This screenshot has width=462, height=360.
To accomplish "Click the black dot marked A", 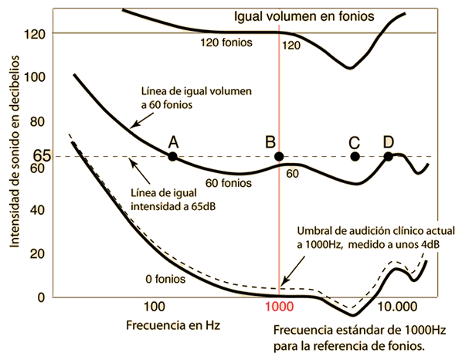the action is click(x=172, y=156).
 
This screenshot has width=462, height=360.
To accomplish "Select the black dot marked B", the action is click(x=279, y=156).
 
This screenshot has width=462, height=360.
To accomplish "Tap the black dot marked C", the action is click(x=355, y=156).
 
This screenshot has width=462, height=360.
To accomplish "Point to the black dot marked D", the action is click(x=389, y=156).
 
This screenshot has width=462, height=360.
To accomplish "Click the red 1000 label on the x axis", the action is click(x=279, y=307).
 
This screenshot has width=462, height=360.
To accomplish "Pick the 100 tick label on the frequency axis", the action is click(x=154, y=307).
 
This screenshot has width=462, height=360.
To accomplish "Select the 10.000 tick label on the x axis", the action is click(x=397, y=307).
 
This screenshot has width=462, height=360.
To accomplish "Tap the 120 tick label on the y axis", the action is click(x=35, y=34).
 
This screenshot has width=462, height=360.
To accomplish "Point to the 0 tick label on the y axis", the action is click(x=41, y=297).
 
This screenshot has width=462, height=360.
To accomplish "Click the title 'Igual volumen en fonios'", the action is click(x=304, y=16).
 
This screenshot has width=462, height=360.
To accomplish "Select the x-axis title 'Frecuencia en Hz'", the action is click(x=173, y=325).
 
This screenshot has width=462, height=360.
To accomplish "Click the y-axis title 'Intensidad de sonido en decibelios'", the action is click(x=15, y=151).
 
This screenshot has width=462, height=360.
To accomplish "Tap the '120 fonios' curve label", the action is click(x=226, y=42).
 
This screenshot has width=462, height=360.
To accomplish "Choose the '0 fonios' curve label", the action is click(x=165, y=279).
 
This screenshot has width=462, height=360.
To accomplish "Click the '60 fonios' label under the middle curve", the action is click(x=229, y=183).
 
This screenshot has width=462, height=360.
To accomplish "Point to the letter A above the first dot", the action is click(x=174, y=142).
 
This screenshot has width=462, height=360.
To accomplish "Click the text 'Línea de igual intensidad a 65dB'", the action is click(x=173, y=200).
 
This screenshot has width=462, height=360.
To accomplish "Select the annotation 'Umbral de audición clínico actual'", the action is click(x=376, y=231).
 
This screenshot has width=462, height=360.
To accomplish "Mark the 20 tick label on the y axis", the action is click(x=37, y=253).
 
